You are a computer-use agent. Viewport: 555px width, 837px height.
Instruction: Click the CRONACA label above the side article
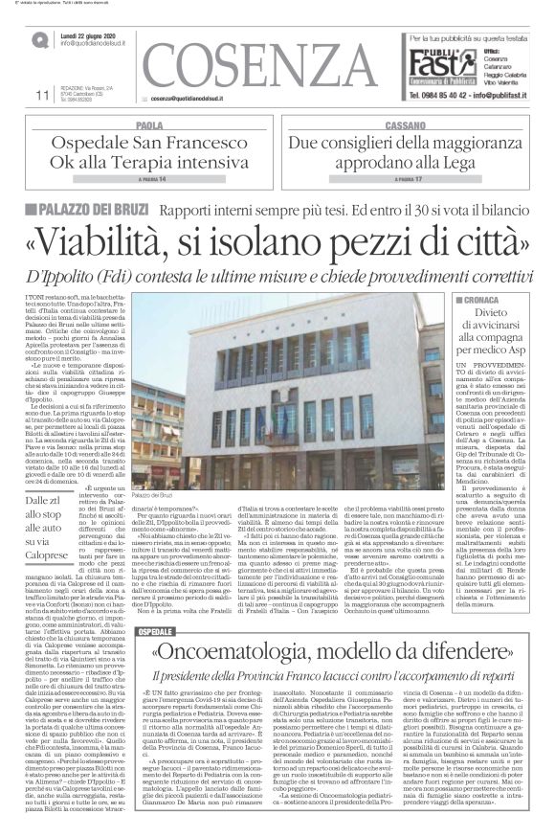(x=467, y=300)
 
